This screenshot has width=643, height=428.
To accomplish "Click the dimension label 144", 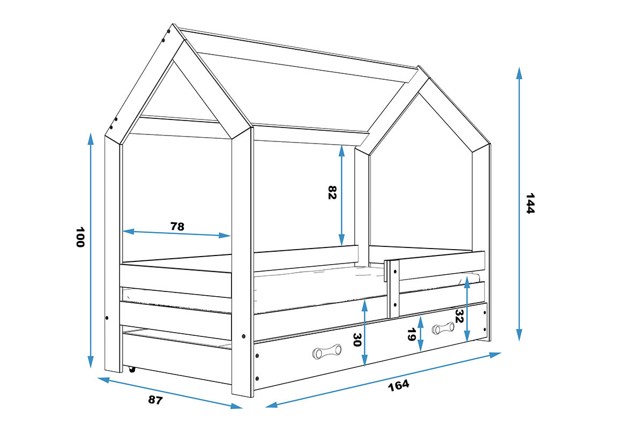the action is click(530, 204).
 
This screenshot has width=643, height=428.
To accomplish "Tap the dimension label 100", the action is click(80, 237).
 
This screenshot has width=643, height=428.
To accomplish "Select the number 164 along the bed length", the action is click(399, 386).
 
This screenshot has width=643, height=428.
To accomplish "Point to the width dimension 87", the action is click(155, 400).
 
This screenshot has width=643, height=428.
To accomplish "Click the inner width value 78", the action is click(177, 227).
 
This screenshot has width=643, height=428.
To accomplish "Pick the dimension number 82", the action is click(332, 193).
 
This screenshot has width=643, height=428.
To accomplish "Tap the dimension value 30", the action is click(357, 340).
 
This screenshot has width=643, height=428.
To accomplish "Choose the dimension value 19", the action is click(412, 335).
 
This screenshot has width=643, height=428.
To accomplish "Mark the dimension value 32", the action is click(460, 316).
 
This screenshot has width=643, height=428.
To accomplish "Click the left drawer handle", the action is click(327, 351).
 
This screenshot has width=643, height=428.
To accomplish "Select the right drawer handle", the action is click(443, 328).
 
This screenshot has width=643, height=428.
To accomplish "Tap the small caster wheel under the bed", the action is click(132, 370).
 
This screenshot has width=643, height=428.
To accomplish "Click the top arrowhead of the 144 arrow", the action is click(519, 73).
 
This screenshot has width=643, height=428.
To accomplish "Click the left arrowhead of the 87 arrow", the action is click(103, 380).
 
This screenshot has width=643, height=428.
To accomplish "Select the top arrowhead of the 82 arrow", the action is click(342, 151).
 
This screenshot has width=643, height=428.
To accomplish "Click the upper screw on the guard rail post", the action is click(395, 271).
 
